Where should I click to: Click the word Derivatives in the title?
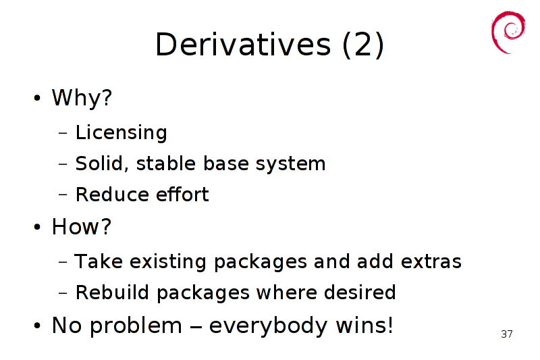point(243,44)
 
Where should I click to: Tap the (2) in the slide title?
point(363,45)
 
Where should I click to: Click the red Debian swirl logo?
point(508,32)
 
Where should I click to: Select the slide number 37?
point(507,334)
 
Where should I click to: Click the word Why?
point(82,97)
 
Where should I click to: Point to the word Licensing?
point(122,132)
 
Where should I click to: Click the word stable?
point(166,163)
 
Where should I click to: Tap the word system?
point(290,164)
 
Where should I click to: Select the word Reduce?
point(112,195)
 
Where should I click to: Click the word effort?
point(182,194)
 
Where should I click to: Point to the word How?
point(82,227)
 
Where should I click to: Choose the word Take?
point(99,261)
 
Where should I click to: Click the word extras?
point(431,261)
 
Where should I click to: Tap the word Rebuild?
point(112,292)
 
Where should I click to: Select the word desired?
point(360,292)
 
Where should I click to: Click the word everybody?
point(268,326)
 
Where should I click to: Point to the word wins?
point(364,325)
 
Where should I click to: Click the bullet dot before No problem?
point(37,326)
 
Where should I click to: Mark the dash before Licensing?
point(63,132)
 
